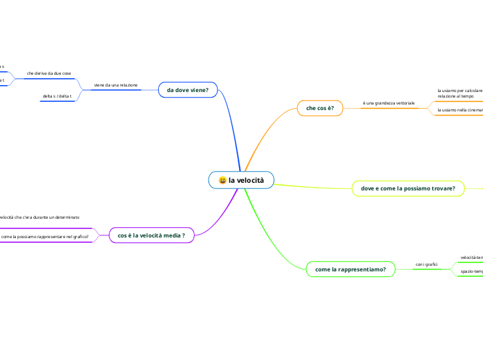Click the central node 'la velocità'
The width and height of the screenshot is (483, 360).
point(241,180)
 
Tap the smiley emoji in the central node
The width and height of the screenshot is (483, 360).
point(222,181)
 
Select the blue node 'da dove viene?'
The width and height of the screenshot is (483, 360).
point(188,90)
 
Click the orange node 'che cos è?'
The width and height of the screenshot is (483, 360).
point(319,108)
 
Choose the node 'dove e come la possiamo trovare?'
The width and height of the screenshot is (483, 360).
point(407,188)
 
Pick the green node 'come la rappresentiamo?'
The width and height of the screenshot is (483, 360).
point(350,269)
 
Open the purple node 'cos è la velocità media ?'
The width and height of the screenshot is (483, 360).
point(151,236)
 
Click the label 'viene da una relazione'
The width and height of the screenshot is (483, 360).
point(116,85)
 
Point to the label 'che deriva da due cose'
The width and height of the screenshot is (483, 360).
point(49,73)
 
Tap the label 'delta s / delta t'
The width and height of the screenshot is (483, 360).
point(57,96)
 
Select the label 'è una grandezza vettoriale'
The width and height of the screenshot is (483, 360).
point(388,103)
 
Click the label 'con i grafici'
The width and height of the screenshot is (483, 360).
point(425,264)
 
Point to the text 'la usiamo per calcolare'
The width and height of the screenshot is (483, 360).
point(459,91)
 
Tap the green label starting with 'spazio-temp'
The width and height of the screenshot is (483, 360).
point(471,271)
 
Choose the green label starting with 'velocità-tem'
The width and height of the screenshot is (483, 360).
point(471,258)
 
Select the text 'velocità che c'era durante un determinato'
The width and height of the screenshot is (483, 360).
point(39,217)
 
